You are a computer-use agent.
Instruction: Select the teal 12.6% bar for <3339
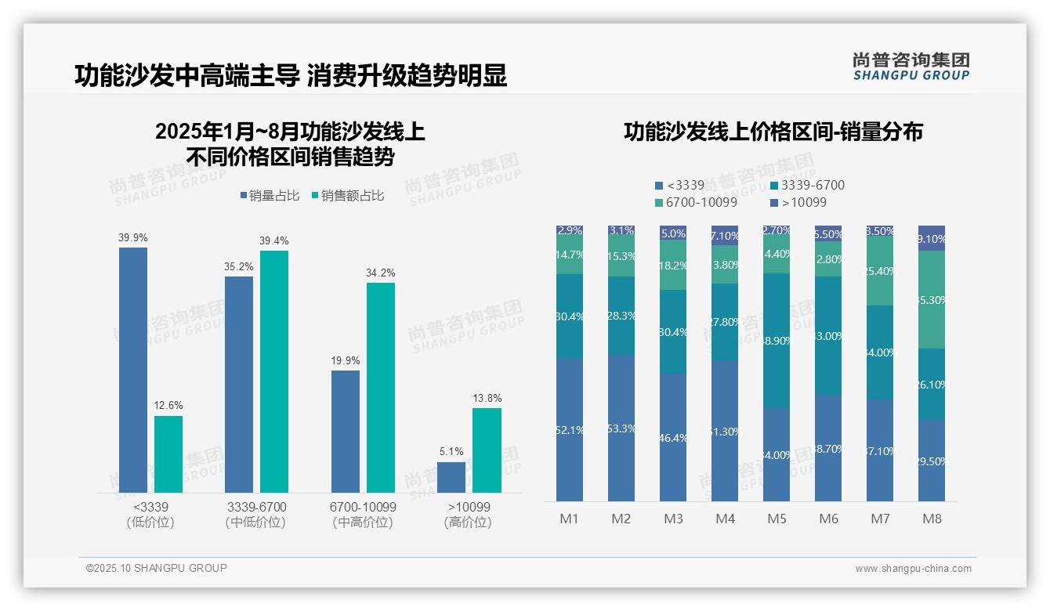click(x=168, y=454)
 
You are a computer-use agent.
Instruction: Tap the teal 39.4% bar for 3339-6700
click(x=274, y=371)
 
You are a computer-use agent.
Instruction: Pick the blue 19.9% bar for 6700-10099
click(x=345, y=432)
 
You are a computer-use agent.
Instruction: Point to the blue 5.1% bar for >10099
click(x=451, y=477)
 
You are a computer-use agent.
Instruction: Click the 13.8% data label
click(x=487, y=399)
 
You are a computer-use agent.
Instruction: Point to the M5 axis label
click(x=777, y=519)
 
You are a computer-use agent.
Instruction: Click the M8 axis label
click(x=932, y=519)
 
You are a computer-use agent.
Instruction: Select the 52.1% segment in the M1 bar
click(x=570, y=429)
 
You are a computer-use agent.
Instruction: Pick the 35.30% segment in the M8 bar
click(x=932, y=299)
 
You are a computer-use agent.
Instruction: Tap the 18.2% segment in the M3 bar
click(x=673, y=265)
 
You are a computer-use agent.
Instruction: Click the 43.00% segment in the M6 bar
click(x=828, y=335)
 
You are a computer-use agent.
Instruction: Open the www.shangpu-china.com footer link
click(x=913, y=569)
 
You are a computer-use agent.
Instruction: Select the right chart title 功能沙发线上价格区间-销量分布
click(x=773, y=132)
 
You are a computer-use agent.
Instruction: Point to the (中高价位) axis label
click(x=363, y=522)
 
